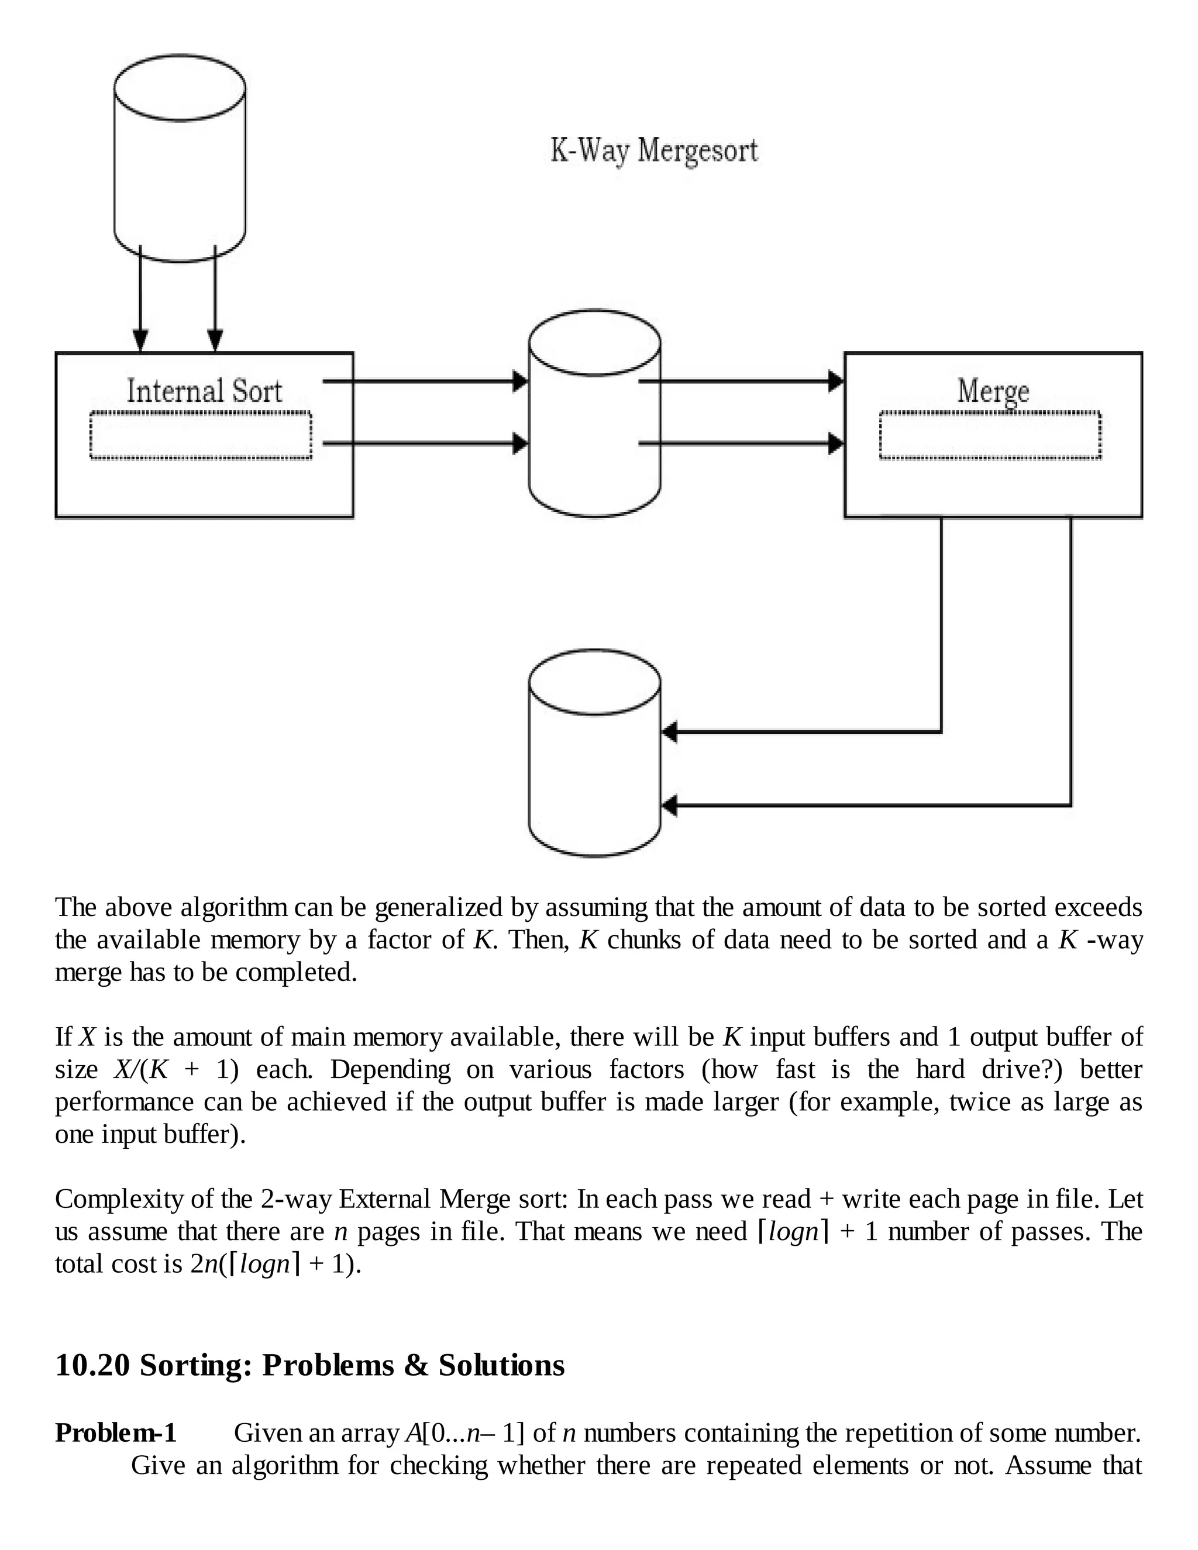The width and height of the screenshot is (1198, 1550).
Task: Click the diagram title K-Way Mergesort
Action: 653,151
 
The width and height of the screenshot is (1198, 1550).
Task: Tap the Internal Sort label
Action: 204,391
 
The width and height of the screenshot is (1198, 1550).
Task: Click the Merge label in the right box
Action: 993,391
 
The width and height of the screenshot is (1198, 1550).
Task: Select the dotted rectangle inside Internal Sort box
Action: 201,436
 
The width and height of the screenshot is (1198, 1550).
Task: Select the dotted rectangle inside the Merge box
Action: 990,436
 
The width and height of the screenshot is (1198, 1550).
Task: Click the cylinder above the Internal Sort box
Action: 180,157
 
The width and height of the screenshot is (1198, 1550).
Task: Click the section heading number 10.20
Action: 92,1365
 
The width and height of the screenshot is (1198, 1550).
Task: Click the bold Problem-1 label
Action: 116,1433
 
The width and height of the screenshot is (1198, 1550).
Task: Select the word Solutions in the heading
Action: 501,1365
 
